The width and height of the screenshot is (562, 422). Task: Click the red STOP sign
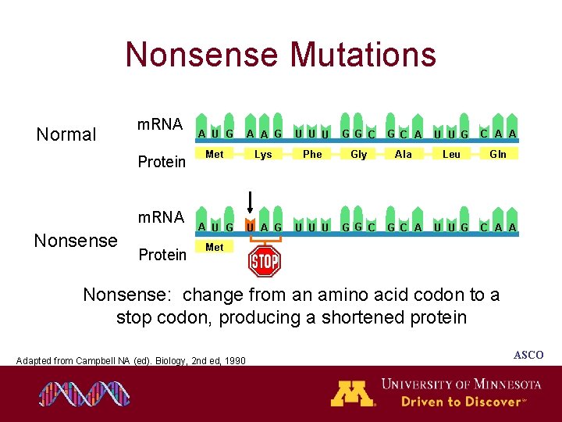click(x=264, y=262)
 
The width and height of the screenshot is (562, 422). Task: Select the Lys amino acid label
click(x=263, y=155)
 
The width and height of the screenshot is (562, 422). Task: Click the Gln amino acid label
click(x=497, y=155)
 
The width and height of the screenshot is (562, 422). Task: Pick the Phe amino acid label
click(x=312, y=155)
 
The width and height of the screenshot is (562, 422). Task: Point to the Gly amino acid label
click(x=358, y=155)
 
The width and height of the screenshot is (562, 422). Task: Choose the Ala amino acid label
click(x=404, y=155)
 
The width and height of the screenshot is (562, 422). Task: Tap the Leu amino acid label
click(x=451, y=155)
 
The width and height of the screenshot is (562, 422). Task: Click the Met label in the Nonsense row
click(x=214, y=247)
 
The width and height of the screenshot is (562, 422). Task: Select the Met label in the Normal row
click(x=214, y=155)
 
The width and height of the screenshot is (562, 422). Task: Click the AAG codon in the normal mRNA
click(x=263, y=134)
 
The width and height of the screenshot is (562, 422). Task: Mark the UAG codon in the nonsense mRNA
click(x=263, y=227)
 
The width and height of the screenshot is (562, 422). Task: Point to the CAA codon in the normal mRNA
click(x=497, y=134)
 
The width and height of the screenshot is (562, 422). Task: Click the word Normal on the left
click(x=66, y=134)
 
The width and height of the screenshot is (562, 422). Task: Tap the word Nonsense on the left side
click(x=76, y=241)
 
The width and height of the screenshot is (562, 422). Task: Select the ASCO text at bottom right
click(x=528, y=356)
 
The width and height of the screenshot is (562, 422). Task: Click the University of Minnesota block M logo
click(x=352, y=392)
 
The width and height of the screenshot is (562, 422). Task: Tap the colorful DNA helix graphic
click(x=84, y=394)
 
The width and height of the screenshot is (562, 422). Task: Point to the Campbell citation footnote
click(x=131, y=360)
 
